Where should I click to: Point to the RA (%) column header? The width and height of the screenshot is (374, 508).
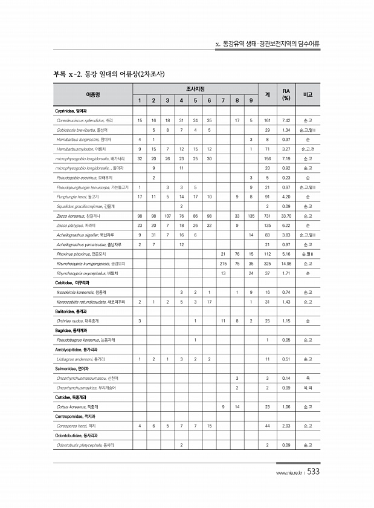pyautogui.click(x=286, y=94)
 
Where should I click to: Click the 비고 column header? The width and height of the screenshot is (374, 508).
pyautogui.click(x=308, y=94)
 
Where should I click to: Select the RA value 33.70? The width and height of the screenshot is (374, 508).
pyautogui.click(x=286, y=215)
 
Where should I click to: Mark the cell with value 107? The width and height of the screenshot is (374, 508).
pyautogui.click(x=167, y=215)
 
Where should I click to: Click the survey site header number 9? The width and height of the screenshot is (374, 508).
pyautogui.click(x=250, y=100)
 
